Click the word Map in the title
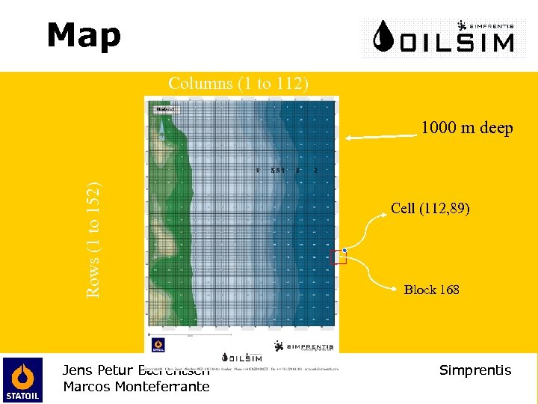[x=84, y=36]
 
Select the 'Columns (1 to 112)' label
[x=238, y=83]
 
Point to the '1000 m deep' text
[x=466, y=129]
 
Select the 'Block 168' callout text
[x=431, y=290]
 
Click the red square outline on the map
[x=338, y=257]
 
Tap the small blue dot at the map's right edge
[x=344, y=249]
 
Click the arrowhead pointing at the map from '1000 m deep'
[x=347, y=138]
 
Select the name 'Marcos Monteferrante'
[x=136, y=387]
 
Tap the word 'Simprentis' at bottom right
[x=475, y=370]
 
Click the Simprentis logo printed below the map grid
[x=303, y=346]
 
